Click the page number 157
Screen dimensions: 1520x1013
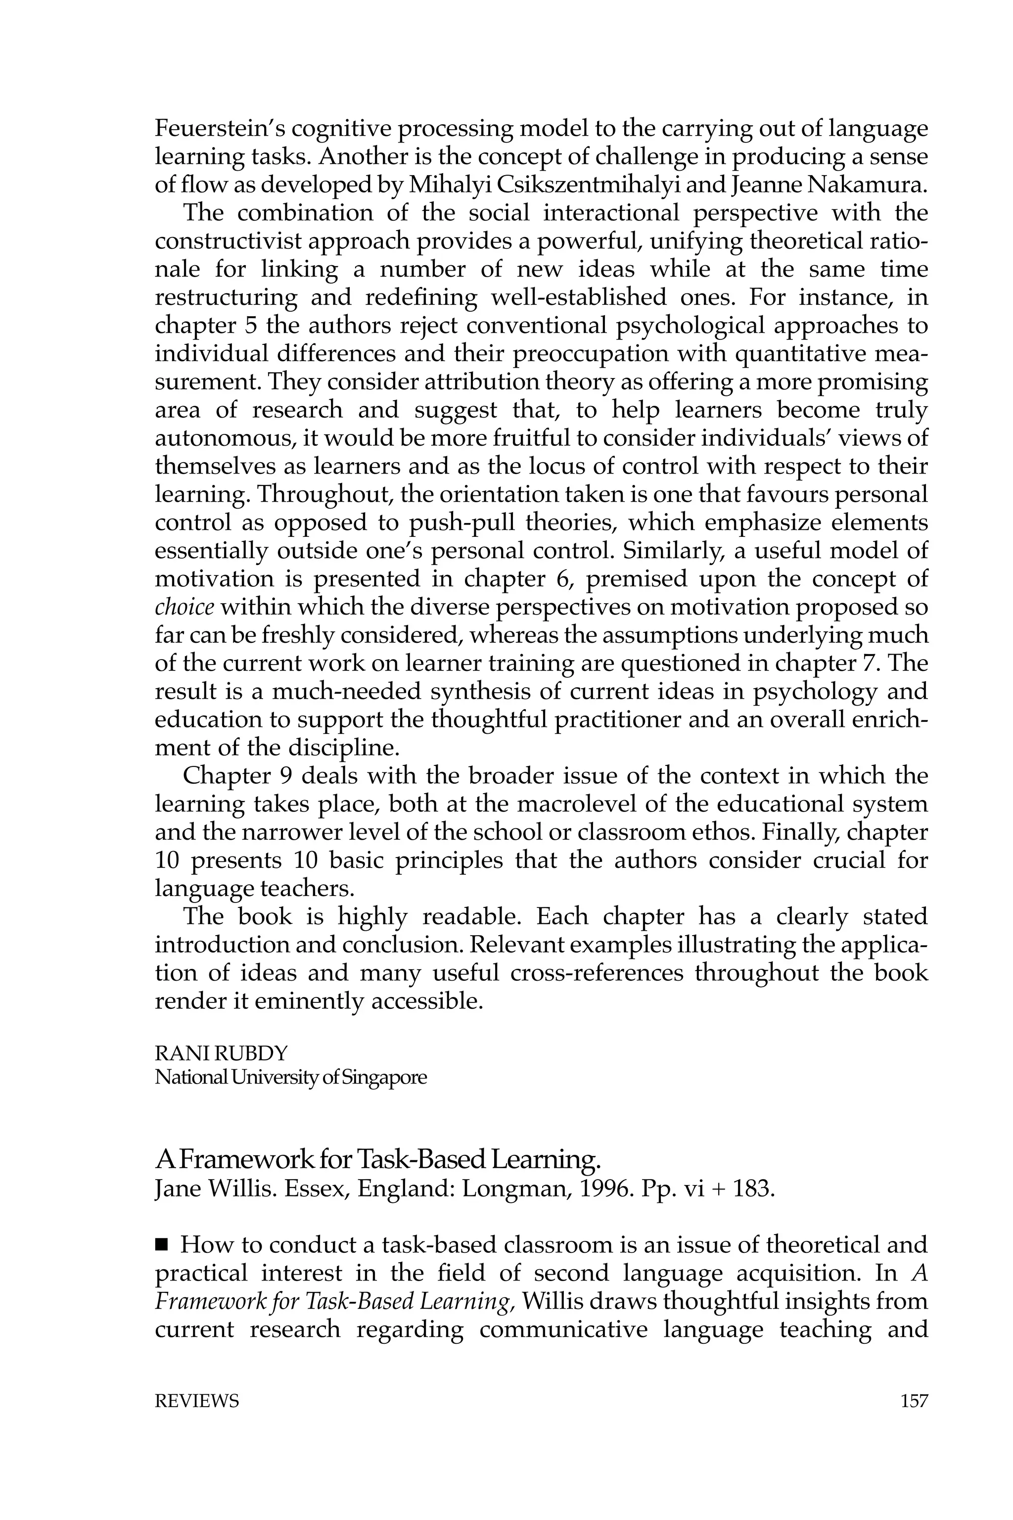(x=914, y=1401)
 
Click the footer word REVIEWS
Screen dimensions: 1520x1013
(x=196, y=1401)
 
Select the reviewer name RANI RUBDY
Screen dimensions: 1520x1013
(x=221, y=1053)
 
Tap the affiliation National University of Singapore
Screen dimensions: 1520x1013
(x=291, y=1077)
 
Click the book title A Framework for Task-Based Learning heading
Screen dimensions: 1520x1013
(x=378, y=1160)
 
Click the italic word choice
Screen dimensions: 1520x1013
(x=185, y=608)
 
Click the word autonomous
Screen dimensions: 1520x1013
(x=220, y=439)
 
